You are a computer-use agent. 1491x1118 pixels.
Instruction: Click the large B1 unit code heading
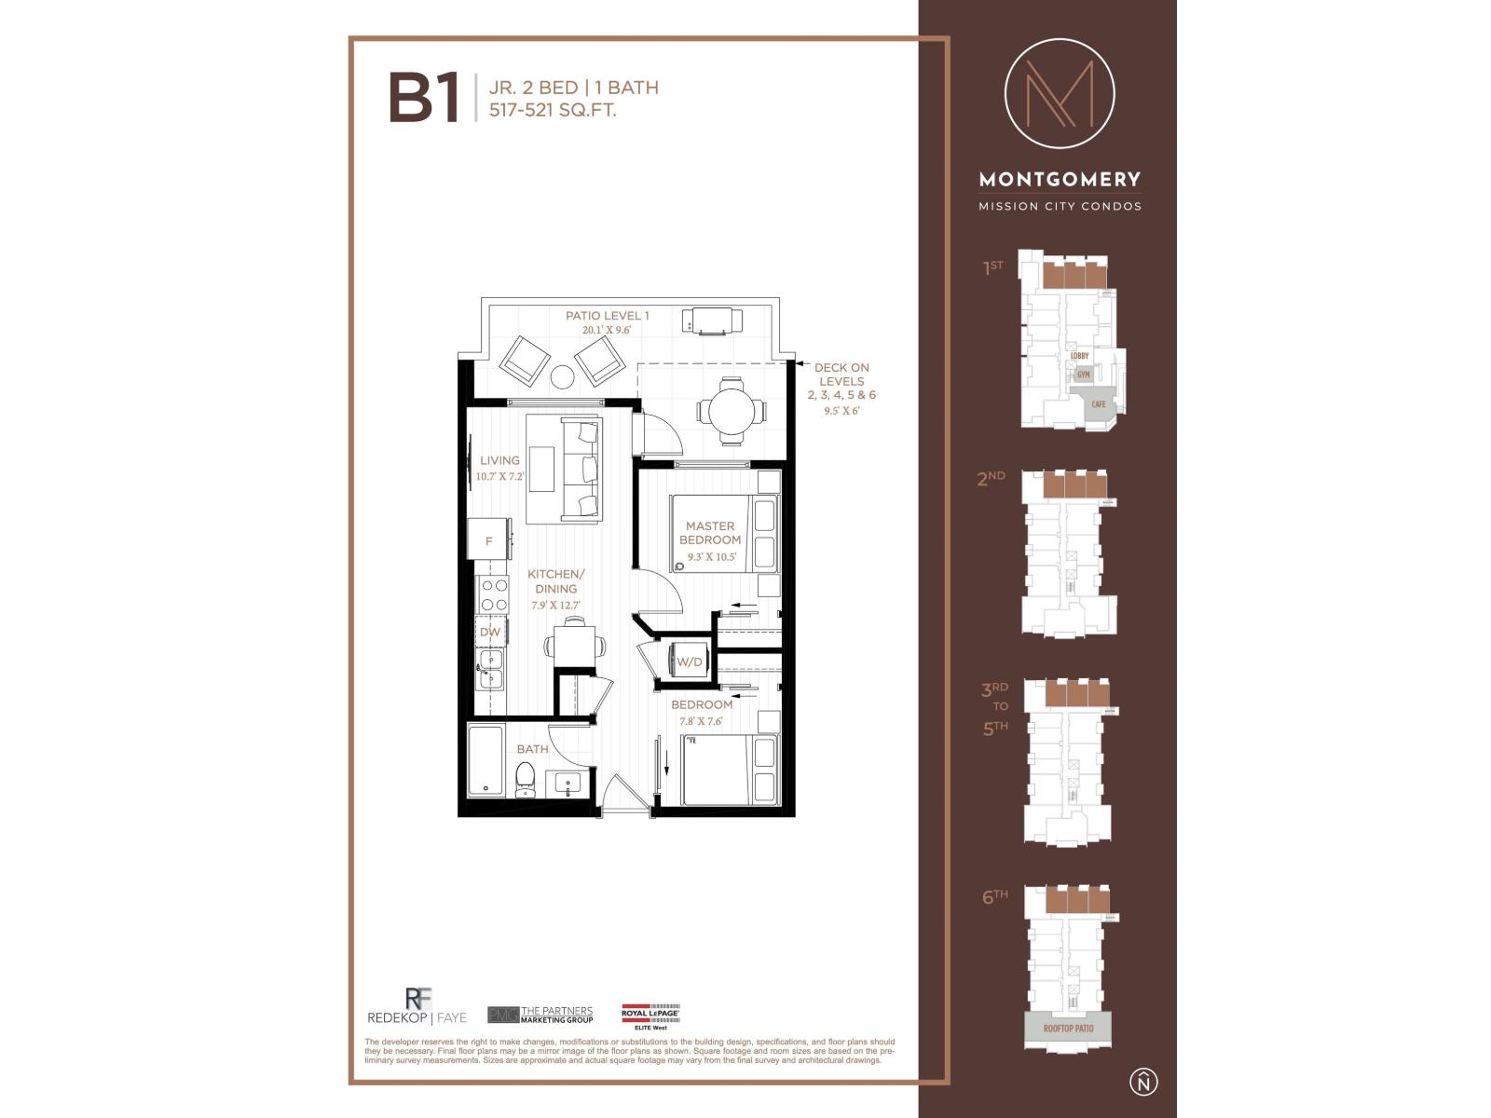click(x=424, y=100)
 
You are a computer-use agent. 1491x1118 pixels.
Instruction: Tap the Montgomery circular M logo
click(x=1060, y=93)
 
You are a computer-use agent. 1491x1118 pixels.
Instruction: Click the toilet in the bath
click(x=525, y=780)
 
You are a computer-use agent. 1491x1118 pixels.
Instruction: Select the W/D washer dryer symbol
click(x=688, y=661)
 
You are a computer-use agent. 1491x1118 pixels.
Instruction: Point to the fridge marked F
click(x=488, y=540)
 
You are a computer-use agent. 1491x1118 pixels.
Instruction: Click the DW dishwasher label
click(x=490, y=632)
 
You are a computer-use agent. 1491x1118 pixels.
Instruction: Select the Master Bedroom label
click(x=710, y=533)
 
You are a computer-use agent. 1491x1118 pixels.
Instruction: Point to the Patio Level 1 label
click(x=607, y=316)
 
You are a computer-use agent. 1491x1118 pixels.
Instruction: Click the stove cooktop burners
click(x=493, y=594)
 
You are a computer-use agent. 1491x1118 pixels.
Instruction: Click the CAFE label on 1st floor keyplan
click(x=1099, y=404)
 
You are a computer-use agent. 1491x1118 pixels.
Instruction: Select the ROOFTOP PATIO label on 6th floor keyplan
click(x=1068, y=1029)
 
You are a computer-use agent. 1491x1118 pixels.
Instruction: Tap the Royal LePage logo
click(x=650, y=1014)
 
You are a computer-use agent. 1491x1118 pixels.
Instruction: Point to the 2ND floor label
click(x=991, y=479)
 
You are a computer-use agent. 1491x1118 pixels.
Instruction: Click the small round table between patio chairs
click(x=562, y=376)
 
